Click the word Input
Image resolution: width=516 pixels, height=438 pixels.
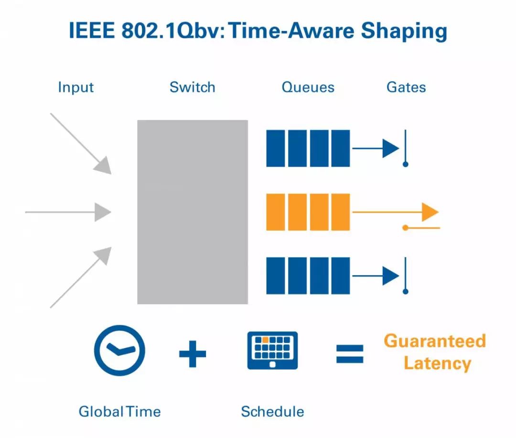pos(75,87)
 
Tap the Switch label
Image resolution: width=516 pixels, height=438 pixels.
pos(192,87)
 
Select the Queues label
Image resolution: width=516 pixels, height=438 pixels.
pos(308,87)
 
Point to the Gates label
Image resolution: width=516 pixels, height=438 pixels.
pos(406,87)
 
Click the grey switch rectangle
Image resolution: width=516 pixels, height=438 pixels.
pos(192,212)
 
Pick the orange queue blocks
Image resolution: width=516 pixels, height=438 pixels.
pos(308,212)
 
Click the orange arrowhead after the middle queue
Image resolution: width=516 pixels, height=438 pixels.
pos(430,212)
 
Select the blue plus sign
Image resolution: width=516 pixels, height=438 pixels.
pos(193,353)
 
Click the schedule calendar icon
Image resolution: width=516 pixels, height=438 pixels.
pos(272,350)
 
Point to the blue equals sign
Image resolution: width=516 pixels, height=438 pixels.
pos(350,353)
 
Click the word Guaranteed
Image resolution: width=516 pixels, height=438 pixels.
pos(435,341)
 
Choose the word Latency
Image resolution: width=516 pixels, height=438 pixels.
pos(437,363)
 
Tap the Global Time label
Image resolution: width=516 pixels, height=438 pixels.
pos(119,411)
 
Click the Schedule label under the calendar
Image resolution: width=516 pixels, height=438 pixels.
pos(272,411)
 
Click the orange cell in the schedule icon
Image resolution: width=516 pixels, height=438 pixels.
pos(265,340)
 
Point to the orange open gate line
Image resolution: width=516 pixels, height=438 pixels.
pos(422,228)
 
